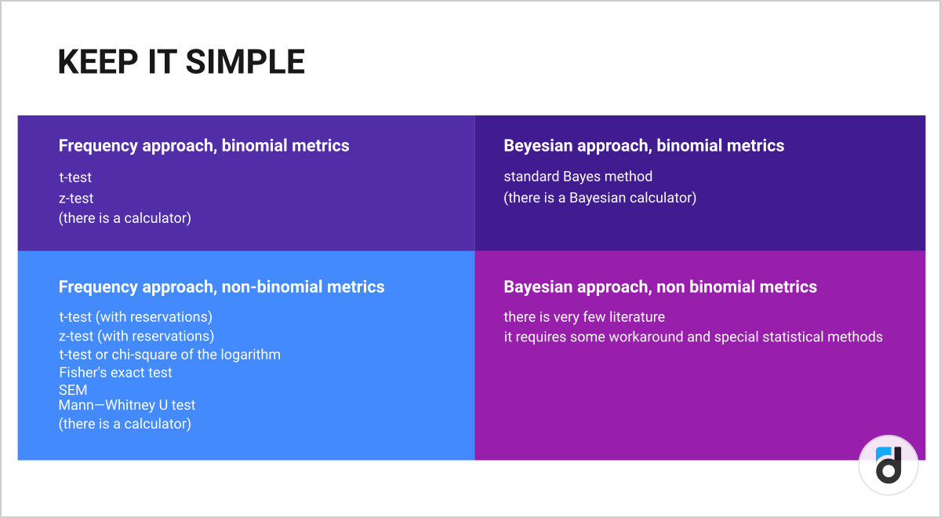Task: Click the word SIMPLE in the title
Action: tap(245, 62)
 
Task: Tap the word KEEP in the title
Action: tap(98, 62)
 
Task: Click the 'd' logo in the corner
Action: tap(888, 465)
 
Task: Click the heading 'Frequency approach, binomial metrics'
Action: tap(204, 145)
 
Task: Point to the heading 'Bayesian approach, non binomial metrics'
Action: tap(660, 286)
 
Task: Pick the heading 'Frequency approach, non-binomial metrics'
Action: tap(221, 286)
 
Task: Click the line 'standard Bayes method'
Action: tap(578, 176)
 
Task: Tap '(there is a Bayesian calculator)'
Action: tap(600, 198)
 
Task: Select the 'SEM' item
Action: tap(73, 390)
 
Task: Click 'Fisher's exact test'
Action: tap(115, 372)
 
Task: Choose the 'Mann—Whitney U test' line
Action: tap(127, 405)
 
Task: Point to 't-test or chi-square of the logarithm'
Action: tap(169, 355)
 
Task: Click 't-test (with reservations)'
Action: tap(136, 316)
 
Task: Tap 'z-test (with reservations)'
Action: tap(136, 336)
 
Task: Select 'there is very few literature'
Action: tap(584, 316)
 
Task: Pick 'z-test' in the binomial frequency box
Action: tap(76, 198)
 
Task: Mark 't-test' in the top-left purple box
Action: tap(75, 177)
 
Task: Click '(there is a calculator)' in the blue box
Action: tap(125, 423)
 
